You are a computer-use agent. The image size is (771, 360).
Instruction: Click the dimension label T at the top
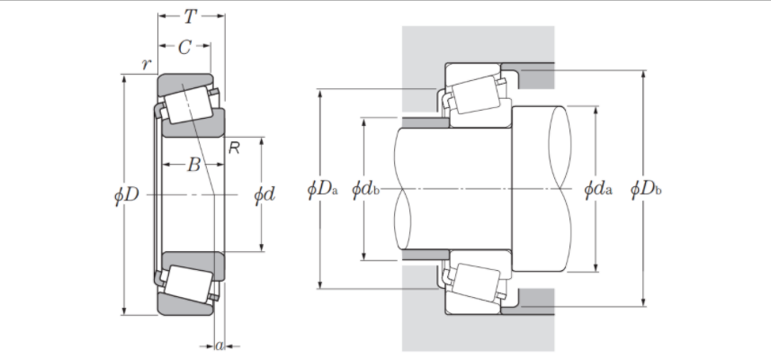pyautogui.click(x=191, y=16)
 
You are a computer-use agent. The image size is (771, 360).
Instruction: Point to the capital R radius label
pyautogui.click(x=234, y=148)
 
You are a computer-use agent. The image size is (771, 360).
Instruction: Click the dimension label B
pyautogui.click(x=193, y=165)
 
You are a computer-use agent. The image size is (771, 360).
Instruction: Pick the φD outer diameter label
pyautogui.click(x=128, y=193)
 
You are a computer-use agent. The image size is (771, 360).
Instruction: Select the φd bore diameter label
pyautogui.click(x=264, y=193)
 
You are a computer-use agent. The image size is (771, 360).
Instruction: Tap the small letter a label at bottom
pyautogui.click(x=220, y=345)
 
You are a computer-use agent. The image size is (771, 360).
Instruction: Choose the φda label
pyautogui.click(x=597, y=189)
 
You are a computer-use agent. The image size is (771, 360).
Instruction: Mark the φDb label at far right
pyautogui.click(x=646, y=189)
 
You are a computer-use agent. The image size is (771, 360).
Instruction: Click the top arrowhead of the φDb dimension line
pyautogui.click(x=642, y=72)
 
